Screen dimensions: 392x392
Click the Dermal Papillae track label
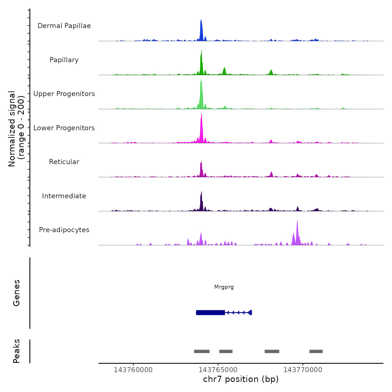[x=64, y=26]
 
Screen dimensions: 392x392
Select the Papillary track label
[x=64, y=60]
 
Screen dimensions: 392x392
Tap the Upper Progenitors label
[x=64, y=94]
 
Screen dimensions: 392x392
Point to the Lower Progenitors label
[x=64, y=128]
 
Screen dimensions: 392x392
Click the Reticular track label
[x=64, y=162]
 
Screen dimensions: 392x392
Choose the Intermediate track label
[x=64, y=196]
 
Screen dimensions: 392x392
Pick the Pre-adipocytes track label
[x=64, y=230]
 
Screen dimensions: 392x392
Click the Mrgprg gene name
[x=224, y=287]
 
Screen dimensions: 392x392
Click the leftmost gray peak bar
[x=202, y=351]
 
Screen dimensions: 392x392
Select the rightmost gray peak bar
[x=316, y=351]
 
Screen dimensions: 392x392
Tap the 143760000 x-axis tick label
[x=133, y=370]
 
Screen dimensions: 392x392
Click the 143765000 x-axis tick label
[x=218, y=370]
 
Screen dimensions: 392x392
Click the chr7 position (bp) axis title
[x=241, y=379]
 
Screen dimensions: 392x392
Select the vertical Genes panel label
[x=17, y=293]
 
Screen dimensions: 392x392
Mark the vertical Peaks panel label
[x=17, y=351]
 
